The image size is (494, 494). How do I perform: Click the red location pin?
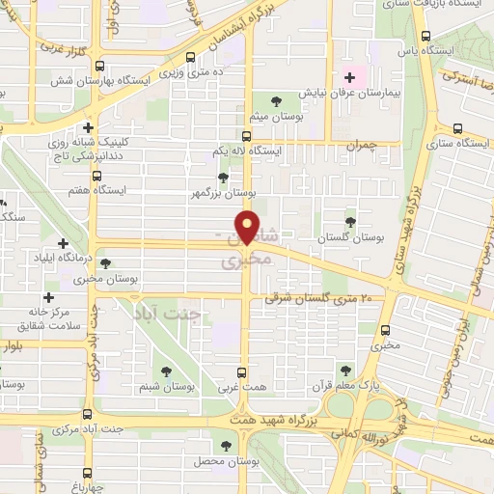[x=248, y=228]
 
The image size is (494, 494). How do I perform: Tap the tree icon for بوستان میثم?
[x=277, y=100]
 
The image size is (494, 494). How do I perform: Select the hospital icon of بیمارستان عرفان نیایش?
[x=349, y=77]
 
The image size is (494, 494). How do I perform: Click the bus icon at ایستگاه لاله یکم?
[x=246, y=136]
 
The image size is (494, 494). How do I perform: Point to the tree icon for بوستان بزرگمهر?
[x=224, y=178]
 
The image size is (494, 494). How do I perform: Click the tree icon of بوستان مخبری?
[x=105, y=262]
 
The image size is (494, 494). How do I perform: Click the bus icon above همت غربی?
[x=242, y=371]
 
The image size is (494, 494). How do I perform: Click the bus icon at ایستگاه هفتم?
[x=96, y=176]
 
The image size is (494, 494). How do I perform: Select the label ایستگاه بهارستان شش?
[x=107, y=82]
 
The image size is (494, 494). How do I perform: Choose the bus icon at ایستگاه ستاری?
[x=455, y=128]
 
